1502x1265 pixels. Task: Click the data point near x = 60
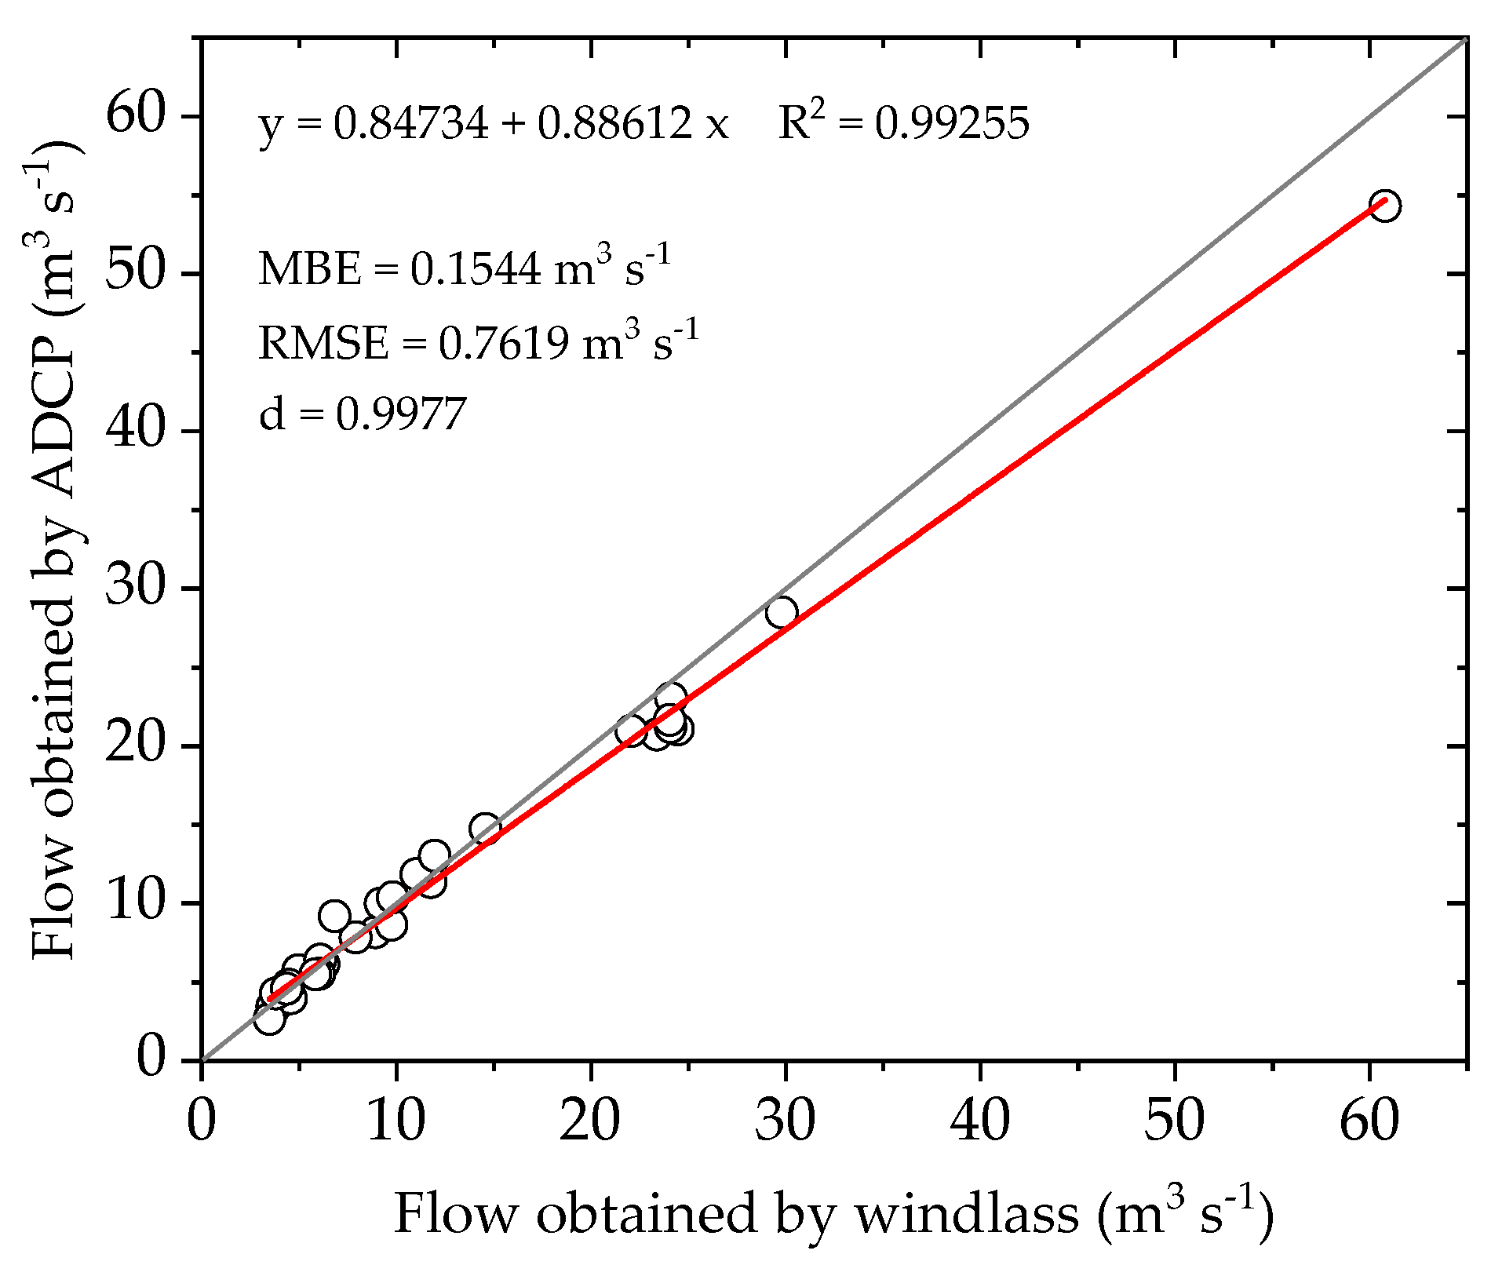tap(1384, 206)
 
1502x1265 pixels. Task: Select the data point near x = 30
tap(782, 612)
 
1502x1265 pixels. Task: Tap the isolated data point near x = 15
tap(485, 829)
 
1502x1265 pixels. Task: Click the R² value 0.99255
tap(952, 124)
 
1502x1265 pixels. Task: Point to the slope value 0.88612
tap(614, 124)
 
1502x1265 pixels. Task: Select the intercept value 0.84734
tap(411, 124)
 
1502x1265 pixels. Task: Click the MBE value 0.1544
tap(476, 270)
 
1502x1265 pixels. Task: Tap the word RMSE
tap(323, 344)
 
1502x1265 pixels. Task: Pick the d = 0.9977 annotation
tap(363, 414)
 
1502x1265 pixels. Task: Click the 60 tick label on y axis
tap(137, 116)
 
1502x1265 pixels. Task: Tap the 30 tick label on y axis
tap(137, 588)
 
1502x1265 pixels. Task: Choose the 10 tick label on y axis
tap(137, 902)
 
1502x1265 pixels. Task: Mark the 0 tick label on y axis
tap(152, 1059)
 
